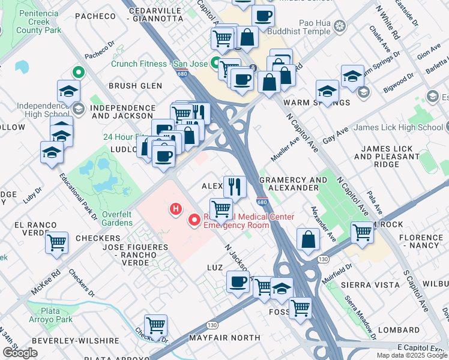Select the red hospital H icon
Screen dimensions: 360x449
pyautogui.click(x=176, y=209)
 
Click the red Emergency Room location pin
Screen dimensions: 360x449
pyautogui.click(x=194, y=220)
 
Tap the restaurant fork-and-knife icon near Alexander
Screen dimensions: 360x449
pyautogui.click(x=235, y=186)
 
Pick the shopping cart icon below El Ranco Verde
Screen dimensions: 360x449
pyautogui.click(x=56, y=243)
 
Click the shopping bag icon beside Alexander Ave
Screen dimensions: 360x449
pyautogui.click(x=308, y=239)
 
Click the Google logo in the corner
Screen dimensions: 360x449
pyautogui.click(x=20, y=353)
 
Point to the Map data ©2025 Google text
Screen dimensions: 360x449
pyautogui.click(x=411, y=355)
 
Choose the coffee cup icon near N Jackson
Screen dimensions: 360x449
pyautogui.click(x=238, y=281)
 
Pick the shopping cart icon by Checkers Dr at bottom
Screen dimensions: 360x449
pyautogui.click(x=156, y=326)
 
